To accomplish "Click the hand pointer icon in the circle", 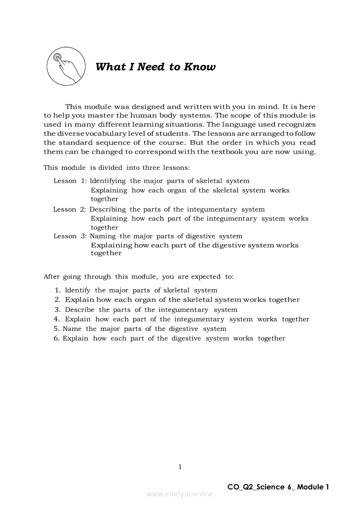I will coord(65,67).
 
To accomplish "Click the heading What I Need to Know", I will coord(155,67).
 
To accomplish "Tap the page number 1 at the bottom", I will coord(180,467).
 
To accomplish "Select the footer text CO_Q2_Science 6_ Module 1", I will coord(278,487).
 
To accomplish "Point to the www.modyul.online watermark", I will coord(180,494).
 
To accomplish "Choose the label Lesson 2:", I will coord(70,209).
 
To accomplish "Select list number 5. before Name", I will coord(57,329).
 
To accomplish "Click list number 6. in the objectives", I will coord(57,338).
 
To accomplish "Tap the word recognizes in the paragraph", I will coord(296,125).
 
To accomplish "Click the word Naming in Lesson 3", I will coord(103,236).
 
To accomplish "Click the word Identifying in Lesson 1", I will coord(108,181).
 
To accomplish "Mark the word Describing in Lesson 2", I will coord(108,209).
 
